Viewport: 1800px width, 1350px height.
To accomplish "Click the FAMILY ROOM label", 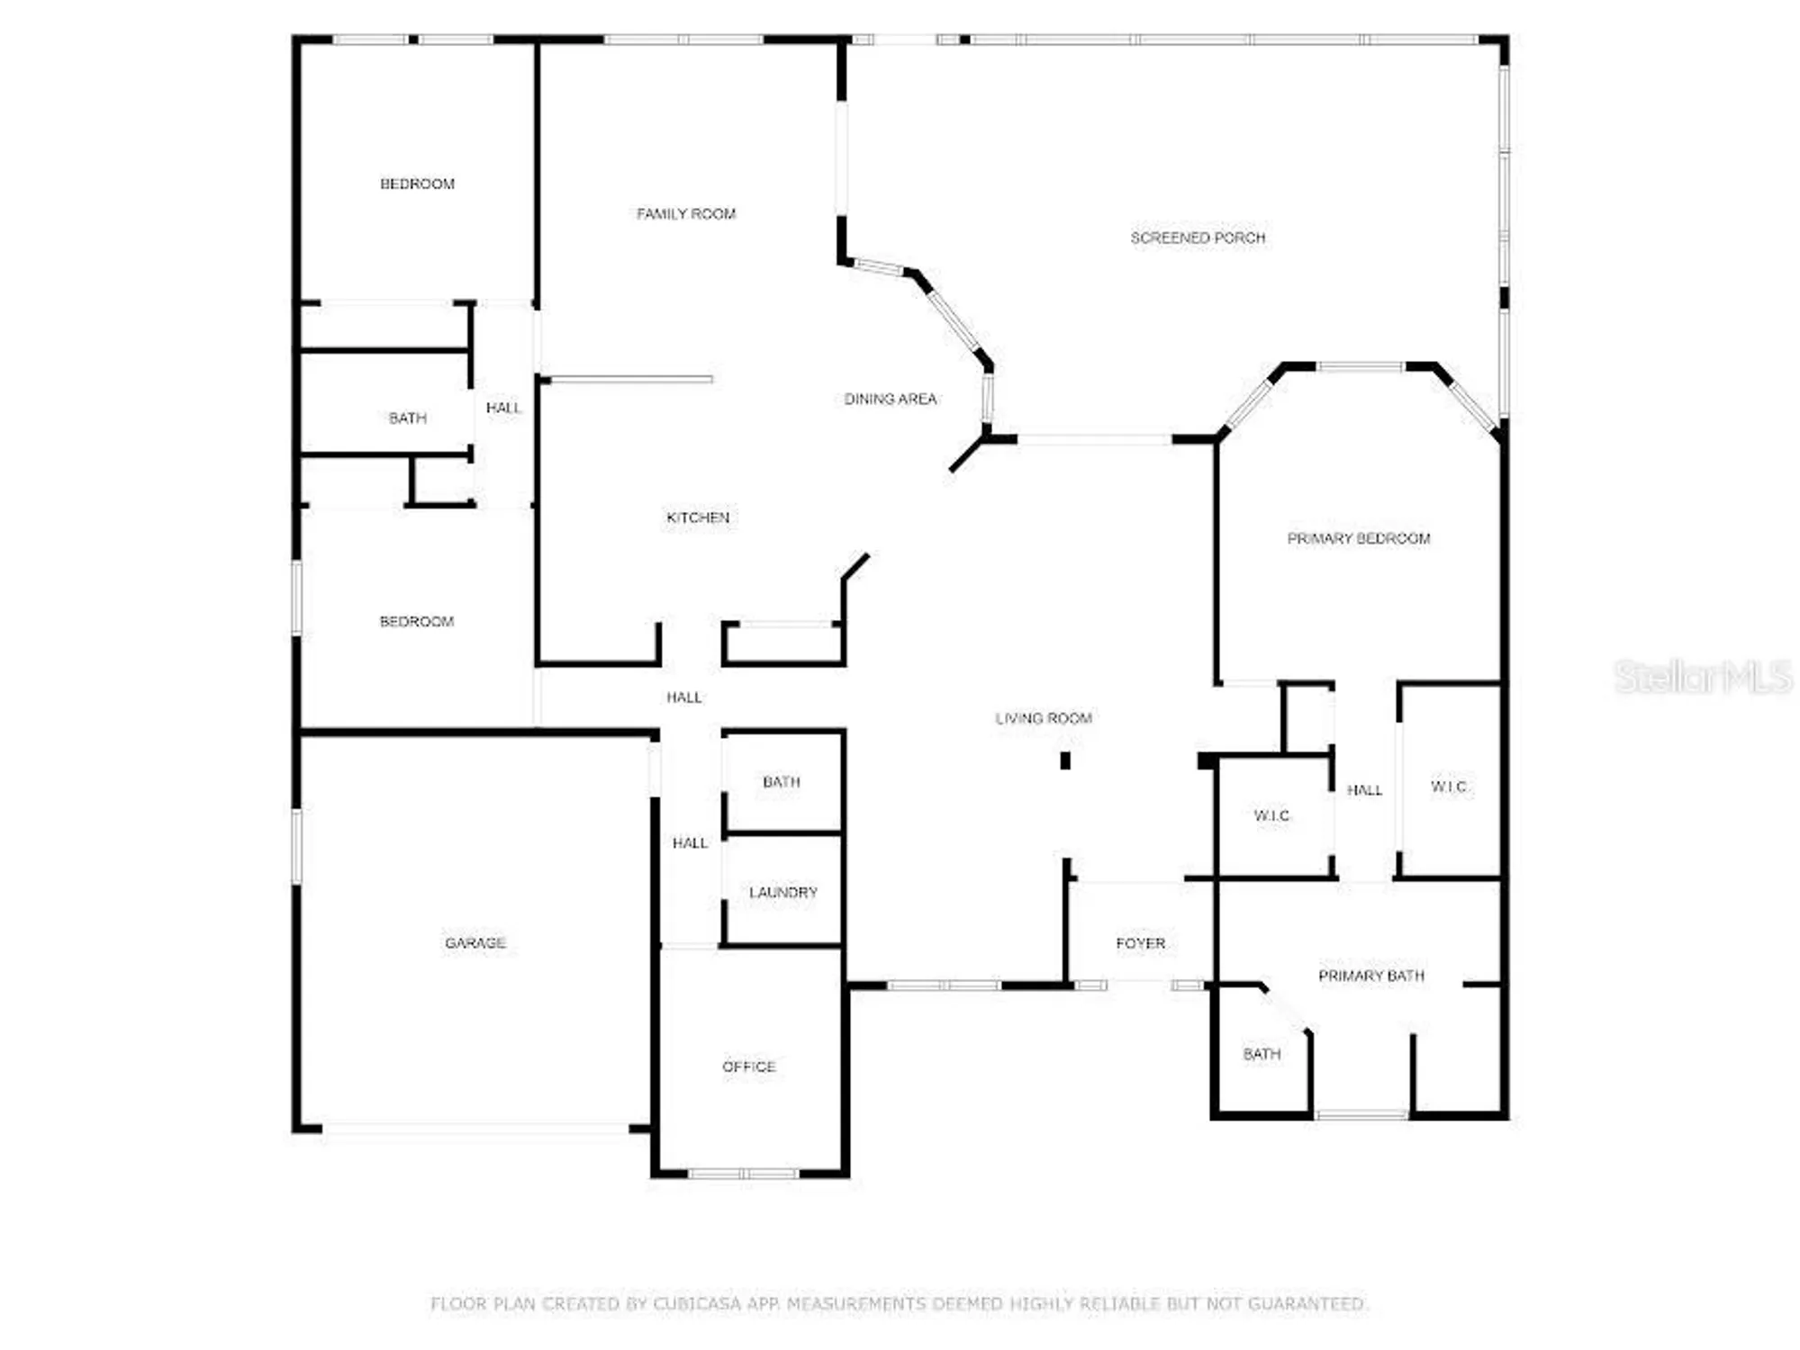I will (686, 214).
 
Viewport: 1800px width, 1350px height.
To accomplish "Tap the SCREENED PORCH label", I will (1198, 238).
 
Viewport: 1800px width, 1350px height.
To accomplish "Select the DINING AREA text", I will (890, 399).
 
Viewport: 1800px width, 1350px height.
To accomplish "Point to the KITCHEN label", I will (698, 517).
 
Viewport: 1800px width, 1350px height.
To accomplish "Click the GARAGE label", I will (475, 943).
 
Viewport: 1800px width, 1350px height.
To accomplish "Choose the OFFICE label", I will (748, 1066).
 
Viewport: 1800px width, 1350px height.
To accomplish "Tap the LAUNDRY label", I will (783, 892).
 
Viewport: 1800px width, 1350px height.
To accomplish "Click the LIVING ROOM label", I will (1044, 718).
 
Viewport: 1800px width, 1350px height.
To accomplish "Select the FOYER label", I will (1141, 943).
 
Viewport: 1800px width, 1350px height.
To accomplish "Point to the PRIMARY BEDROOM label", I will (1358, 538).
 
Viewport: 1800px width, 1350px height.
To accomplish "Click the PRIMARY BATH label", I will (1371, 976).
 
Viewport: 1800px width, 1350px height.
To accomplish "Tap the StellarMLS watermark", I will (1702, 677).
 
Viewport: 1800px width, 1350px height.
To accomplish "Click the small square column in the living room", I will (1065, 760).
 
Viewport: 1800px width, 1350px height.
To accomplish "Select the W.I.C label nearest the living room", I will (1271, 815).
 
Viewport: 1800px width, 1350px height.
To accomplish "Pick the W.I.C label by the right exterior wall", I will (1449, 787).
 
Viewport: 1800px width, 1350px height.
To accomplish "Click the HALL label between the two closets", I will (1364, 790).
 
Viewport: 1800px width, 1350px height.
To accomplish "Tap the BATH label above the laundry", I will (782, 782).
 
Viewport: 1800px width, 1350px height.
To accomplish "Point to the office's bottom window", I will (743, 1174).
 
